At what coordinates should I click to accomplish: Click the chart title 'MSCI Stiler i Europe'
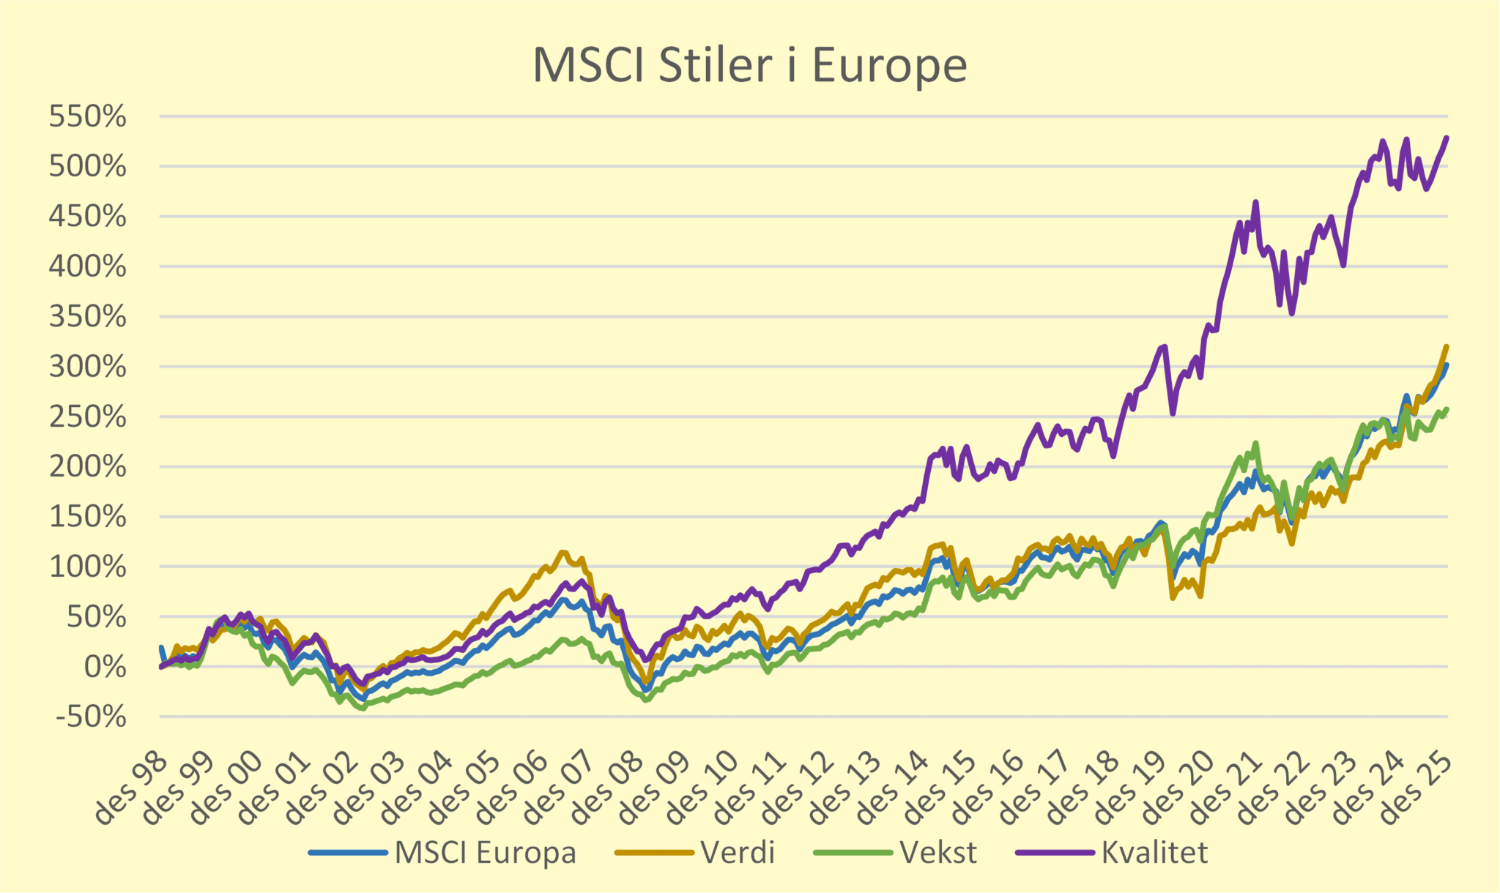(749, 66)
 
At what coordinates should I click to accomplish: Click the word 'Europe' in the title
(889, 66)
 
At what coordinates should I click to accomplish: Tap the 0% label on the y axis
(105, 667)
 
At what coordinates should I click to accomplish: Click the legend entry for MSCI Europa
(485, 853)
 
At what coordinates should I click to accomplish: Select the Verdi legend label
(737, 853)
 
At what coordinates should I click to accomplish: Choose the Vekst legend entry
(937, 853)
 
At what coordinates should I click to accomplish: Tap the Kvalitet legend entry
(1154, 853)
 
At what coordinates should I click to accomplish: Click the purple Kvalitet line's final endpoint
(1447, 138)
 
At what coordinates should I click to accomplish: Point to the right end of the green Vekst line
(1447, 409)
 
